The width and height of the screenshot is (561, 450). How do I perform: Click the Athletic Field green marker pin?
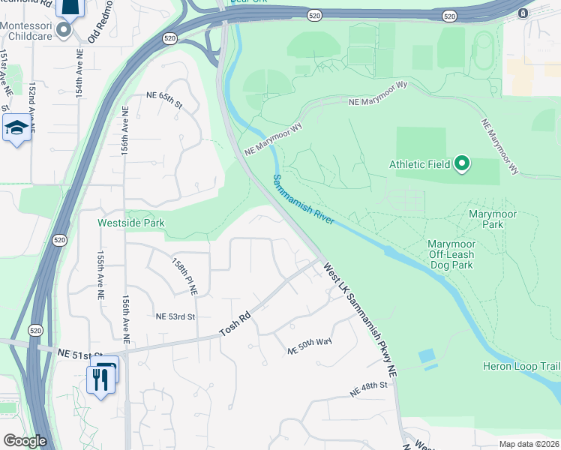click(463, 163)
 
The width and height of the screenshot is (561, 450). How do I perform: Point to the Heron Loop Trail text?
click(521, 366)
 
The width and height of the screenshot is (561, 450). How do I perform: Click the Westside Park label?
click(130, 223)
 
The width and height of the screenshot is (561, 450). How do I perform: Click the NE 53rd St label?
click(175, 317)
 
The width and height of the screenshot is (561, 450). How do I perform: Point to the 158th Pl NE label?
click(184, 276)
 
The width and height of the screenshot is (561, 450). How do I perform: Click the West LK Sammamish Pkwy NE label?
click(359, 318)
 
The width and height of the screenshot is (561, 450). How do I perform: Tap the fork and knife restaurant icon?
click(100, 378)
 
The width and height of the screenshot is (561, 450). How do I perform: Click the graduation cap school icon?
click(16, 128)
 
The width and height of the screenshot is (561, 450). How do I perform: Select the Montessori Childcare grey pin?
click(64, 30)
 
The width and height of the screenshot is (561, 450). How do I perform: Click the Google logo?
click(25, 441)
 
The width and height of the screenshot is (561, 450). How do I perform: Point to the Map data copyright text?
click(528, 444)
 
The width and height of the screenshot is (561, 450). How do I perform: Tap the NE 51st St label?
click(79, 352)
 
